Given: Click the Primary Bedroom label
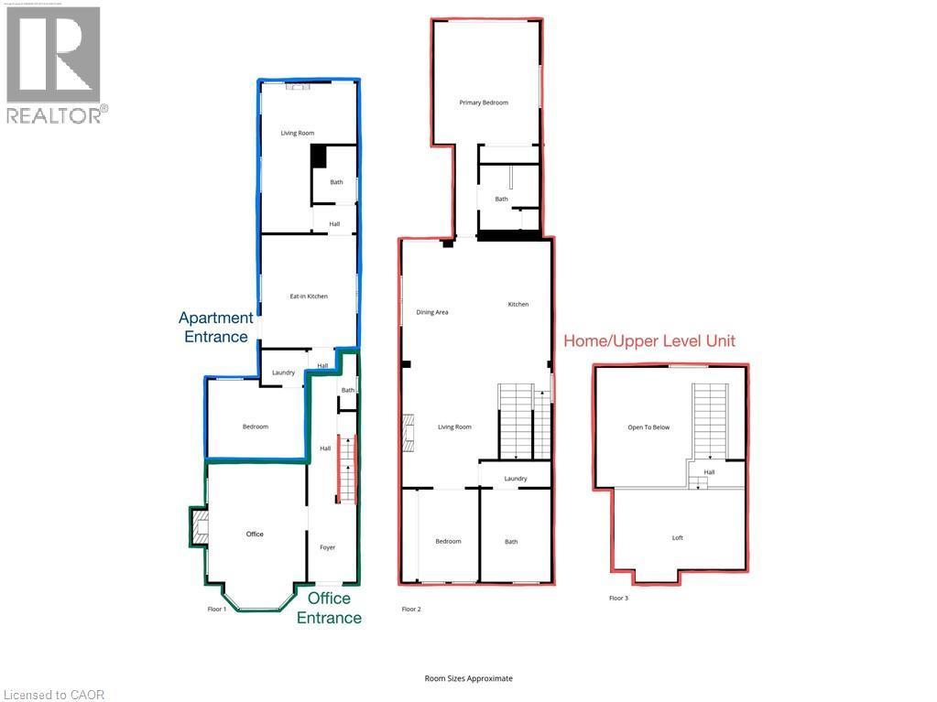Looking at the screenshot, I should pyautogui.click(x=484, y=103).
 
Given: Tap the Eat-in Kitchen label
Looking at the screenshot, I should pyautogui.click(x=309, y=297).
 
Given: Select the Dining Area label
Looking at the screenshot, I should pyautogui.click(x=432, y=312).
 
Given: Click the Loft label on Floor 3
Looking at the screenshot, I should pyautogui.click(x=678, y=538).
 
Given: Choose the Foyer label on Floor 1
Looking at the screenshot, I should pyautogui.click(x=327, y=547).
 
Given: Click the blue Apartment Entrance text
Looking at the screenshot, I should pyautogui.click(x=216, y=327).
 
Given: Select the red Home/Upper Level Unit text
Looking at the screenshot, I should pyautogui.click(x=649, y=341).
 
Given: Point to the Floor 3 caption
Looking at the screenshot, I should pyautogui.click(x=619, y=599).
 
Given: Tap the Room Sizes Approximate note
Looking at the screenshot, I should pyautogui.click(x=468, y=678).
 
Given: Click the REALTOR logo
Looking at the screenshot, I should pyautogui.click(x=54, y=64).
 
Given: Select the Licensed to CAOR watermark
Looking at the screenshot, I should pyautogui.click(x=53, y=695).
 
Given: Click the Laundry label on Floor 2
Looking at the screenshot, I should pyautogui.click(x=515, y=479).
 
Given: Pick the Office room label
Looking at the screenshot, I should pyautogui.click(x=255, y=534).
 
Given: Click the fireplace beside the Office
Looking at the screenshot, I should pyautogui.click(x=199, y=526).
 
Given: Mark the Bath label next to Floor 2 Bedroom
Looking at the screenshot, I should pyautogui.click(x=511, y=542).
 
